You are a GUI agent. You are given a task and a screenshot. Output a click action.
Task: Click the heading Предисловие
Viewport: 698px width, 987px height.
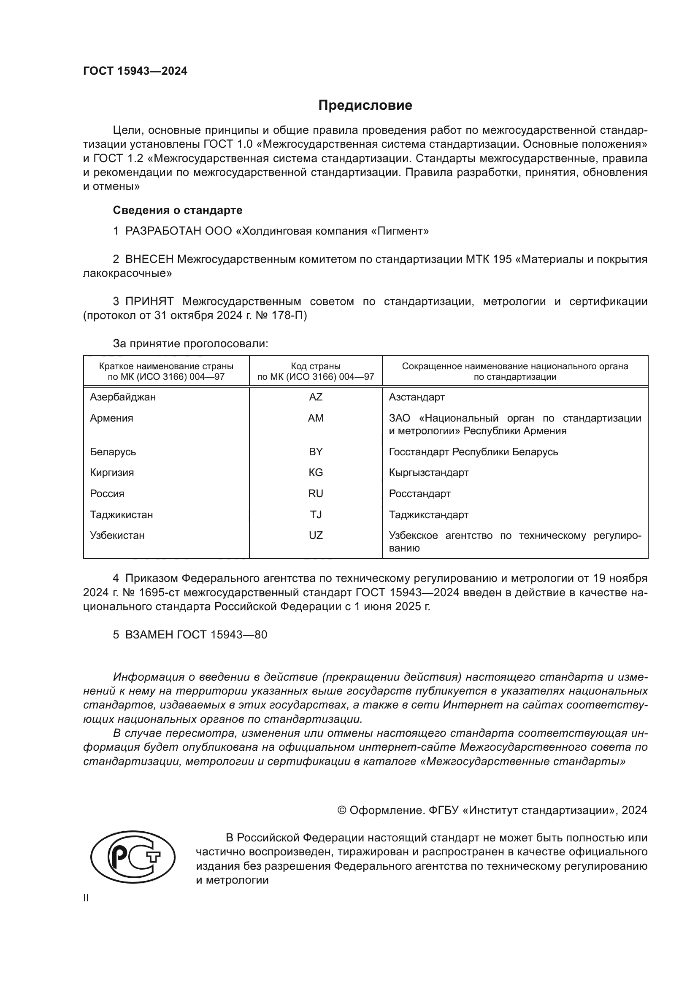tap(365, 105)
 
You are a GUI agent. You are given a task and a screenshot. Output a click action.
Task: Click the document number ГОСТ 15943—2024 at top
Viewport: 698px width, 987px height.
tap(135, 71)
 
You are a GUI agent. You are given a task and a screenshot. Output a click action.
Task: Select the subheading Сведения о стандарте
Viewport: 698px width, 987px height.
tap(178, 210)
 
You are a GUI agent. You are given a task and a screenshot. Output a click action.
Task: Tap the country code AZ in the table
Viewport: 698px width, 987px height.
tap(316, 397)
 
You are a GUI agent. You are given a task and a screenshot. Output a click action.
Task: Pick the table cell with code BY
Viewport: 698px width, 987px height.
tap(316, 452)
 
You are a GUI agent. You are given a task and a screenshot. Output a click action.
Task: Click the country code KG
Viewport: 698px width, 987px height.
tap(316, 473)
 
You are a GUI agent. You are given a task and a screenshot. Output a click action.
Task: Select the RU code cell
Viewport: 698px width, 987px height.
tap(316, 494)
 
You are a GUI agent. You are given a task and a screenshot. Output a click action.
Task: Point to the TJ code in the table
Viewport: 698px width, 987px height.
tap(316, 514)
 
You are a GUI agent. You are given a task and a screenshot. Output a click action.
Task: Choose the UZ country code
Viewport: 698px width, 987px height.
tap(316, 535)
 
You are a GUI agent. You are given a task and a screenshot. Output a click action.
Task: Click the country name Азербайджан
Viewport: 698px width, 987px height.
tap(123, 397)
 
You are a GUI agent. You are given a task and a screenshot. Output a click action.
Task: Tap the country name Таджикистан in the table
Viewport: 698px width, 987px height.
tap(121, 514)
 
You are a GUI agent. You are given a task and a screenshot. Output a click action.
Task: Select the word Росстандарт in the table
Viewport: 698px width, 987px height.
tap(419, 494)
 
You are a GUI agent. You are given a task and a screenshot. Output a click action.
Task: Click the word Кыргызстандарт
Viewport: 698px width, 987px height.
tap(428, 473)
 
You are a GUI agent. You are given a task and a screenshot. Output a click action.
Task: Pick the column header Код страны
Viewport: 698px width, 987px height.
tap(316, 366)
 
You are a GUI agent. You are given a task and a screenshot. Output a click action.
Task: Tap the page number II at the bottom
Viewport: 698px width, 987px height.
tap(86, 898)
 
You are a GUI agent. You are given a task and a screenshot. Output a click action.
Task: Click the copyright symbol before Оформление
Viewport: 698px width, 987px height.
tap(342, 810)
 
